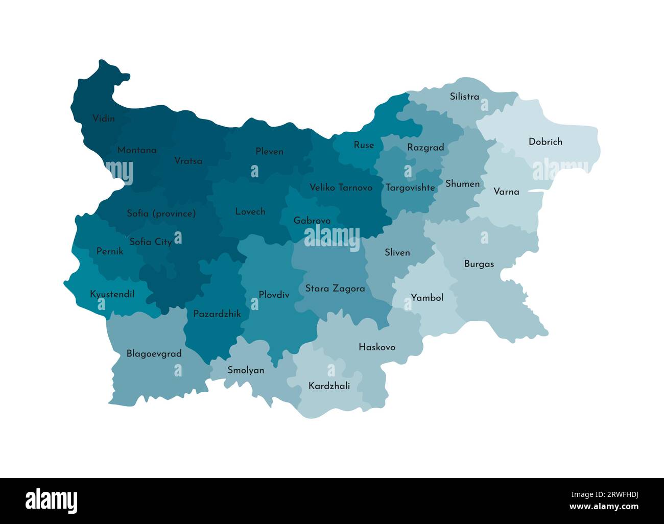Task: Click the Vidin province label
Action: [104, 118]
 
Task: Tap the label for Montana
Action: [137, 150]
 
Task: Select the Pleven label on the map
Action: [269, 151]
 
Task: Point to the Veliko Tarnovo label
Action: [341, 187]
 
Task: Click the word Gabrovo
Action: [312, 221]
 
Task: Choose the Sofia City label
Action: [150, 242]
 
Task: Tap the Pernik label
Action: [109, 251]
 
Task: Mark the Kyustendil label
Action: [112, 294]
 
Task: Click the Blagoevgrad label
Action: [154, 353]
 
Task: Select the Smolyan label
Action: [246, 370]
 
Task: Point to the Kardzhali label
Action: [329, 386]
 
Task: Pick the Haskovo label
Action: [376, 347]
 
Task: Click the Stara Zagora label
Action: [335, 289]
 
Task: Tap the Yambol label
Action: [427, 297]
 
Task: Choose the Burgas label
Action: [479, 264]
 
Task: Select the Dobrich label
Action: [545, 141]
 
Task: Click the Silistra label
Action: [464, 96]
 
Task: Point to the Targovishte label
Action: [410, 187]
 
